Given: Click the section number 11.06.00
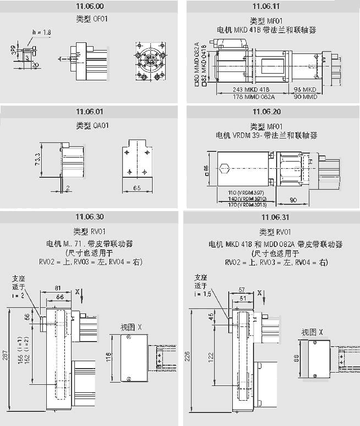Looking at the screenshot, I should (x=90, y=6).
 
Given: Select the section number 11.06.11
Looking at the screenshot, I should (x=269, y=6).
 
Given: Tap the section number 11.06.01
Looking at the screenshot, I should (x=89, y=111).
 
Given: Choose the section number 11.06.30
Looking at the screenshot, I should (x=90, y=217).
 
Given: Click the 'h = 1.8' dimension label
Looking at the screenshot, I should (x=42, y=33).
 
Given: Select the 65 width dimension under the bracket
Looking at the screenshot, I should (x=136, y=186).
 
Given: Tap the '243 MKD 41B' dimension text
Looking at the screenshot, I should (x=251, y=89).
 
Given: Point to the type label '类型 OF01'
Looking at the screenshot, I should (x=92, y=19).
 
